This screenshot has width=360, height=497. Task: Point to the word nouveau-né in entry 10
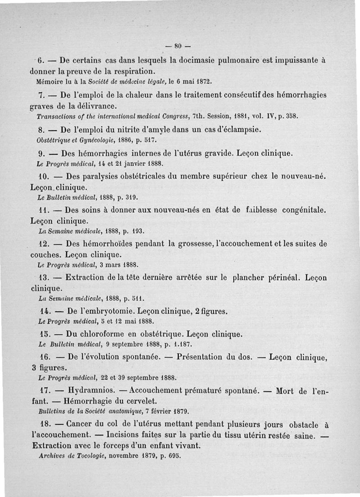303,176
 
